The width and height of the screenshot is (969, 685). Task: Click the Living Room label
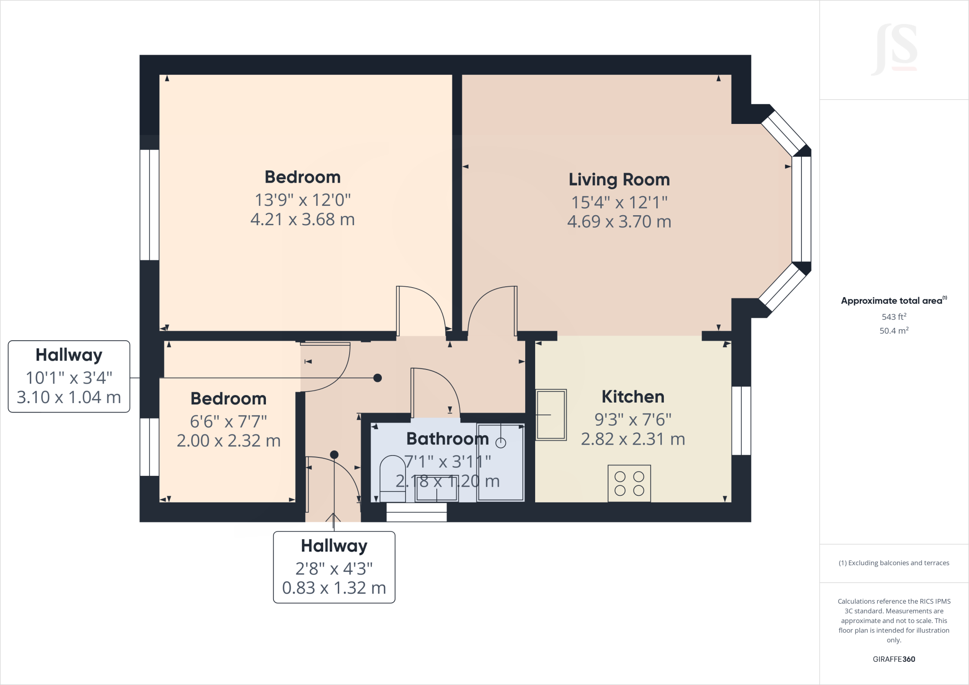click(x=619, y=180)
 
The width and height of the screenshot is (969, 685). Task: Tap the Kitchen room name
click(x=633, y=396)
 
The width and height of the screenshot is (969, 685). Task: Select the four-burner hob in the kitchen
click(x=629, y=483)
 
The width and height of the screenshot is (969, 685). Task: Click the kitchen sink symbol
click(x=551, y=415)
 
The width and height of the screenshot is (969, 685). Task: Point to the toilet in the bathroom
click(x=393, y=478)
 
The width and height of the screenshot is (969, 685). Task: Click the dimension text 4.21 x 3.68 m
click(x=302, y=220)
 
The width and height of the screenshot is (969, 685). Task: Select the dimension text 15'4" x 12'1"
click(x=619, y=202)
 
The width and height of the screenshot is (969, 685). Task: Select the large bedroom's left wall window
click(x=150, y=205)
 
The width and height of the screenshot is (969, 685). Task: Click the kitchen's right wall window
click(x=741, y=421)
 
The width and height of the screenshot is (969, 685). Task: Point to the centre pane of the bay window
click(x=802, y=209)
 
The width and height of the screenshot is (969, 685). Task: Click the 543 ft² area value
click(x=893, y=316)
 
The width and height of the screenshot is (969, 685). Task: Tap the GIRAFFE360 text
click(x=893, y=659)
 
